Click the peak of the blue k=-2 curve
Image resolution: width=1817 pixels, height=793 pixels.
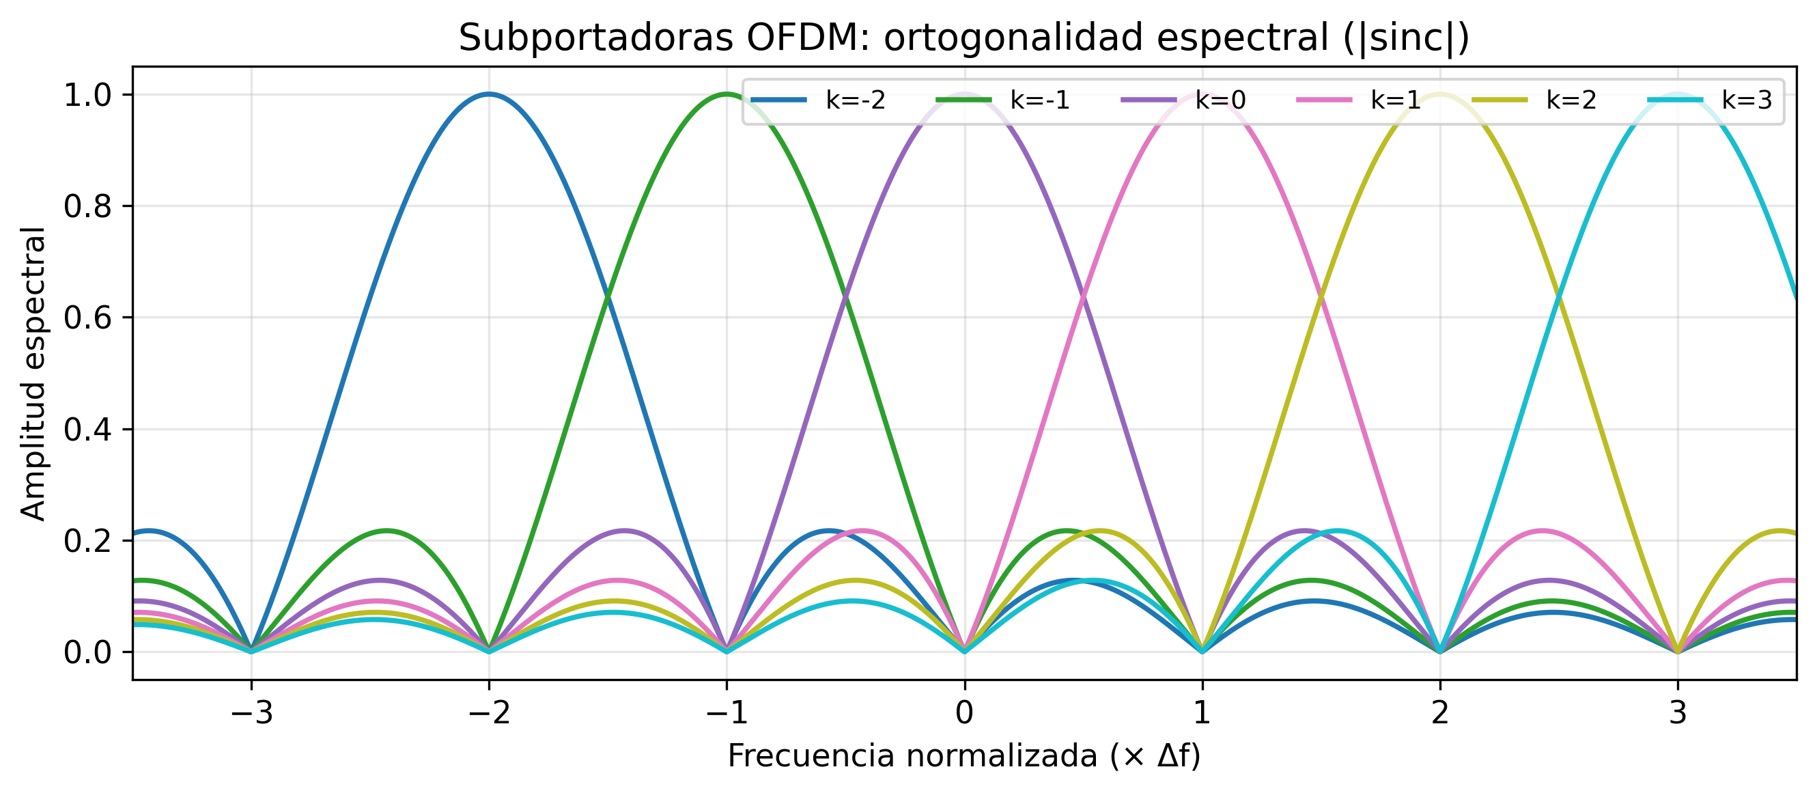point(489,94)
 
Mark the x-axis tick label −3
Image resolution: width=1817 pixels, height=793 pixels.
point(251,713)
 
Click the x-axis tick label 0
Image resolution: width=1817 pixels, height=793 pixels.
point(964,713)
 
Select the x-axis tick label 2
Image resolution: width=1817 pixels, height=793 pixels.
point(1439,713)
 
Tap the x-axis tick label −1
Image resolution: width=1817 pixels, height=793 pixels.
point(727,713)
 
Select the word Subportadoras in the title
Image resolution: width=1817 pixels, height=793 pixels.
point(596,38)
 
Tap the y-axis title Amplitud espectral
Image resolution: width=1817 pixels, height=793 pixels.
point(33,374)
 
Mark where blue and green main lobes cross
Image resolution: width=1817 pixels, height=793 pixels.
point(608,296)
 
